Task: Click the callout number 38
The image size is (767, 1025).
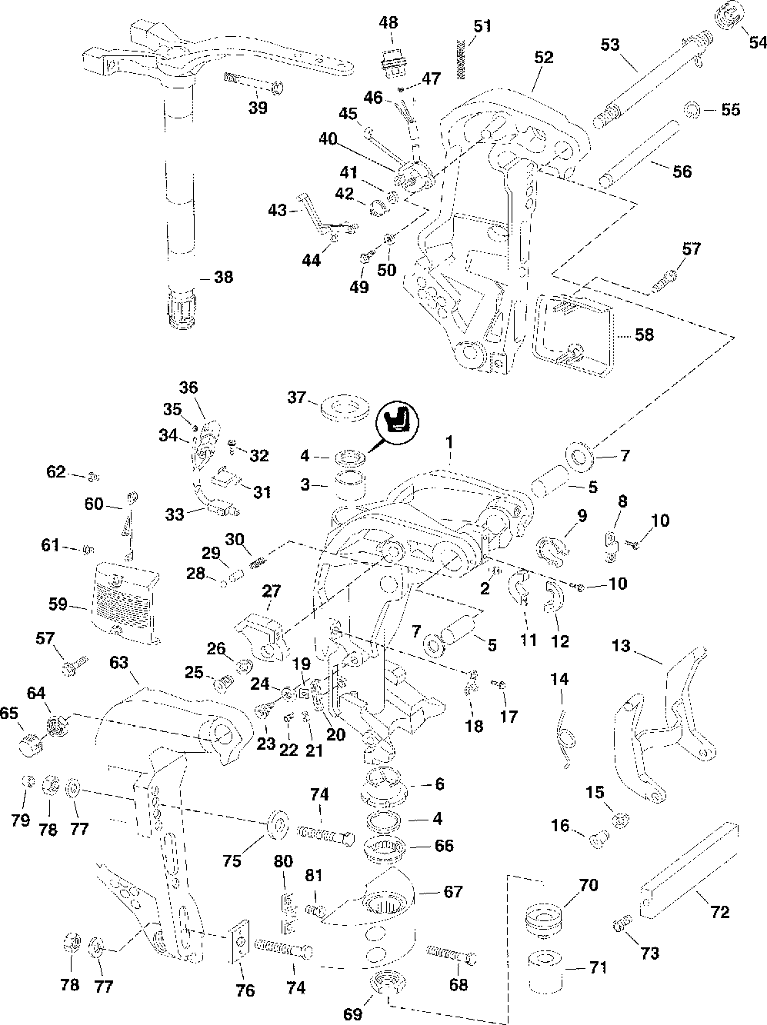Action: (223, 277)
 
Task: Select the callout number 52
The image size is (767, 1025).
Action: (543, 57)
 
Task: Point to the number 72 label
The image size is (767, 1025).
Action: (720, 913)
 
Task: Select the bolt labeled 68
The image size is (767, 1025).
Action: (449, 954)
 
